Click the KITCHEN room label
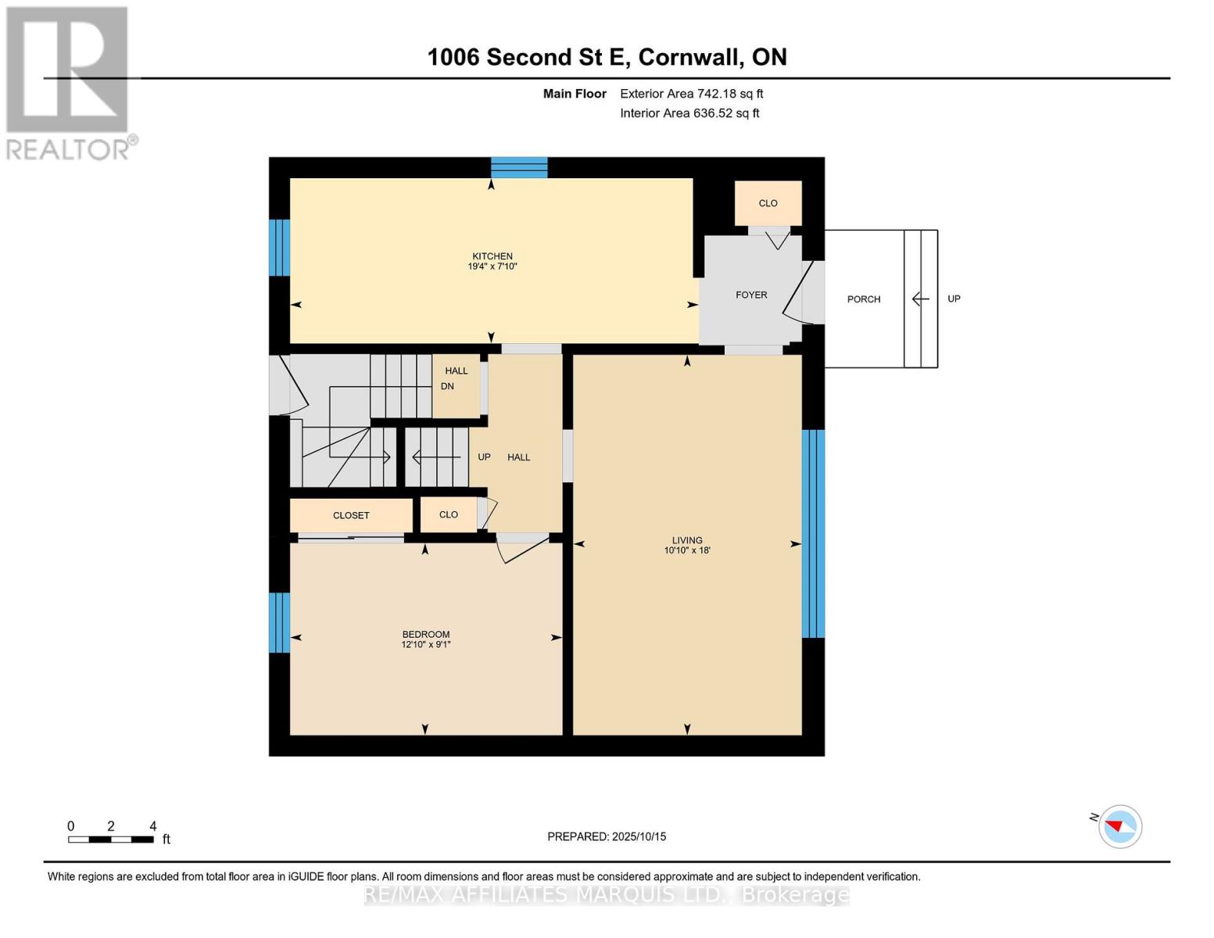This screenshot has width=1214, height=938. coord(492,256)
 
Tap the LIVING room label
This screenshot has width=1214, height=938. coord(686,540)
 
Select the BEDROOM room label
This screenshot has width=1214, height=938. coord(425,635)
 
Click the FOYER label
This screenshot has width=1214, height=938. coord(750,295)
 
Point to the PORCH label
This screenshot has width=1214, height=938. coord(863,299)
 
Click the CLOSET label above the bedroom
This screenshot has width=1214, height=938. coord(351,515)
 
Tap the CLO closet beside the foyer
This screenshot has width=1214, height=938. coord(768,203)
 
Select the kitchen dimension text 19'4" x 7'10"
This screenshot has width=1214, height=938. coord(492,267)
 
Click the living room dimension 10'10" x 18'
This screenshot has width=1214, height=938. coord(686,550)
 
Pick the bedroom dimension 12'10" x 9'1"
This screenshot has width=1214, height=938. coord(425,645)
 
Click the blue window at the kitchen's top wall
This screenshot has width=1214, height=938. coord(519,167)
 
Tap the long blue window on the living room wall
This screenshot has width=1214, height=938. coord(813,534)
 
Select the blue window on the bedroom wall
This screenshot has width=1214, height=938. coord(279,622)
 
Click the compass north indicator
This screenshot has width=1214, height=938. coord(1119,826)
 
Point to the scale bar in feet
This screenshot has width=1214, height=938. coord(110,839)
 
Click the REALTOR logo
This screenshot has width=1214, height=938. coord(69,83)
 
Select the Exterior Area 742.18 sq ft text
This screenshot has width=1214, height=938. coord(691,94)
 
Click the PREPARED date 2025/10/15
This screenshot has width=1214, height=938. coord(607,836)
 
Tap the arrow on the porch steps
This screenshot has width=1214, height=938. coord(920,299)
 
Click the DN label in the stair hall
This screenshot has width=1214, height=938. coord(447,386)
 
